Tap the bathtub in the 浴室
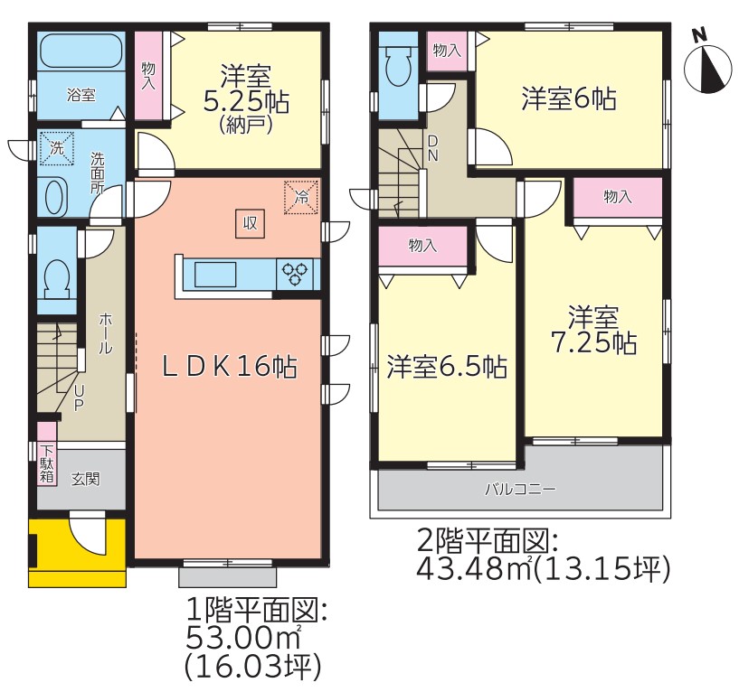[81, 51]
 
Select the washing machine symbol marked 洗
[57, 148]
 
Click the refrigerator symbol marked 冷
[301, 197]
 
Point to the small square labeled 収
[250, 223]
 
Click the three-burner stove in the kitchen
[296, 274]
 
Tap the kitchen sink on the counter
[215, 274]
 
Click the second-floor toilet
[398, 66]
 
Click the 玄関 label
[85, 479]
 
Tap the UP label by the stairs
[79, 397]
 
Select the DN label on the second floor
[432, 148]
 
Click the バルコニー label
[521, 489]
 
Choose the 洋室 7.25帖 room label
[593, 330]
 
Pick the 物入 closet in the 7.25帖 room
[618, 197]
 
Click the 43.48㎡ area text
[476, 570]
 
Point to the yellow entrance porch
[77, 553]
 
